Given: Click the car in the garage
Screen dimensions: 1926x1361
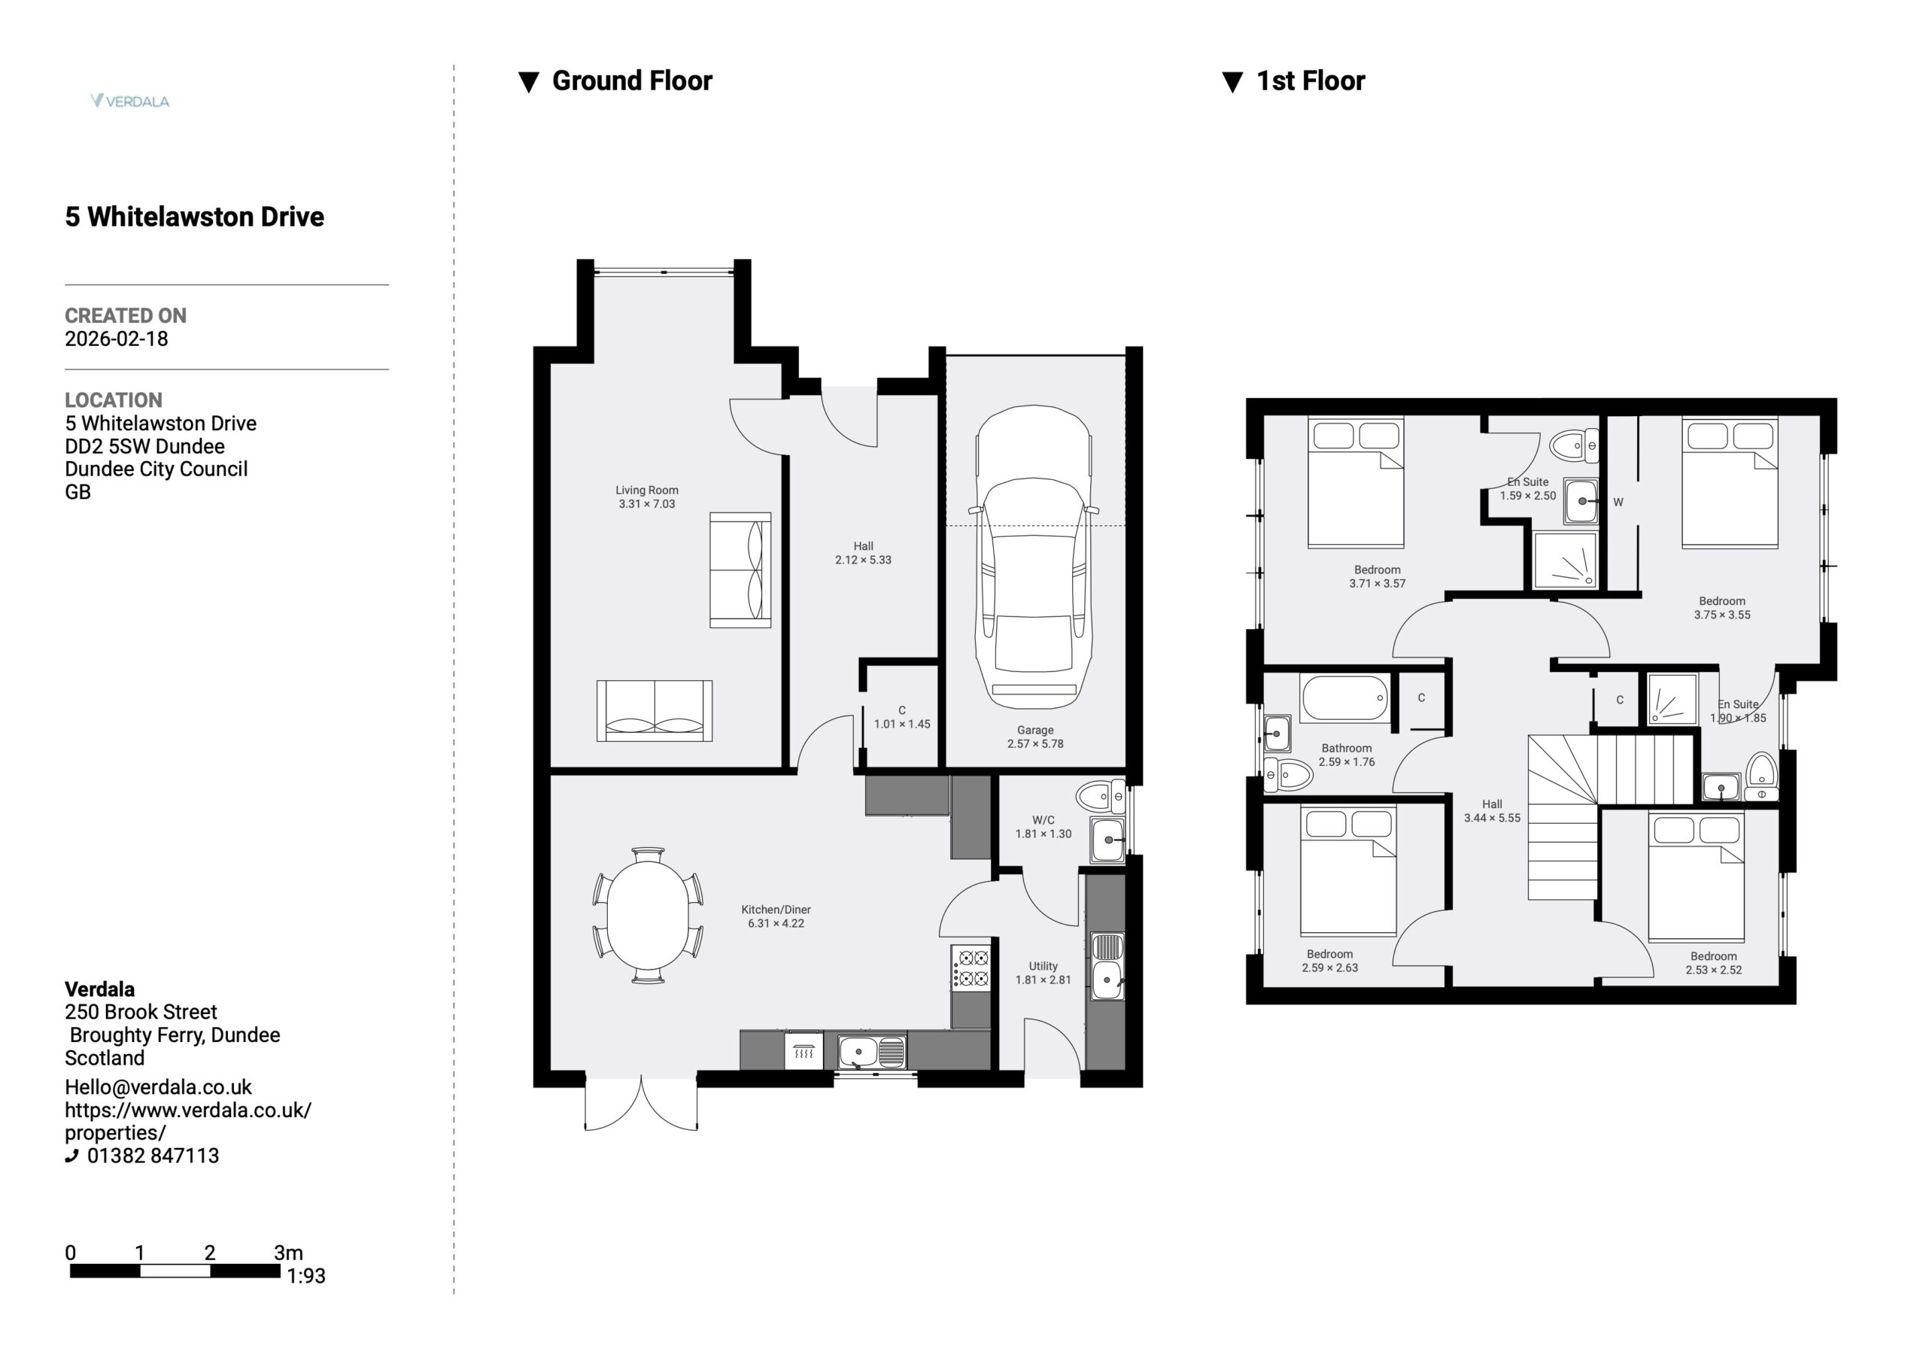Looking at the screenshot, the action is click(1034, 557).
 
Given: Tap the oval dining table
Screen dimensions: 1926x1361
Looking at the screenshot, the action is click(648, 915).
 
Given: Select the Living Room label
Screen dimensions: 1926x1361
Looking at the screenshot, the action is click(647, 490).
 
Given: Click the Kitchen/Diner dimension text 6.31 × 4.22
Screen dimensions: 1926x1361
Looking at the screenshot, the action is click(776, 923).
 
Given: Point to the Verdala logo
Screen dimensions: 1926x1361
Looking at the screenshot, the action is click(130, 101).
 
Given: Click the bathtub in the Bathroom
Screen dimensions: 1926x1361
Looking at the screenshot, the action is click(1344, 698).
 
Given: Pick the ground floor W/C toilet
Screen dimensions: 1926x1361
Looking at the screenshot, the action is click(1101, 796).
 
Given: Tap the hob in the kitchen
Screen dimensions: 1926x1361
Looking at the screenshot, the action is click(971, 967).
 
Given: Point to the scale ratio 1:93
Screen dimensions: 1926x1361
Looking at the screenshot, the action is click(306, 1275).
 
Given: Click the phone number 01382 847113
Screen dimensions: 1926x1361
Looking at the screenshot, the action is click(153, 1156).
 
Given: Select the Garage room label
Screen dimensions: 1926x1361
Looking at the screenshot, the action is click(1035, 730).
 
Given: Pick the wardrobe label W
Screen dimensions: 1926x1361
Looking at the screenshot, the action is click(1618, 503).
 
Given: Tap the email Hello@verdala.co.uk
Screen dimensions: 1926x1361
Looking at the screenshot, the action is click(159, 1086).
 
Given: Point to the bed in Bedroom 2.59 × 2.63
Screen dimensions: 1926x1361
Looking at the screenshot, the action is click(1348, 870).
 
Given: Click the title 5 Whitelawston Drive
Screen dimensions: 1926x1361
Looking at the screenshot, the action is click(195, 217).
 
